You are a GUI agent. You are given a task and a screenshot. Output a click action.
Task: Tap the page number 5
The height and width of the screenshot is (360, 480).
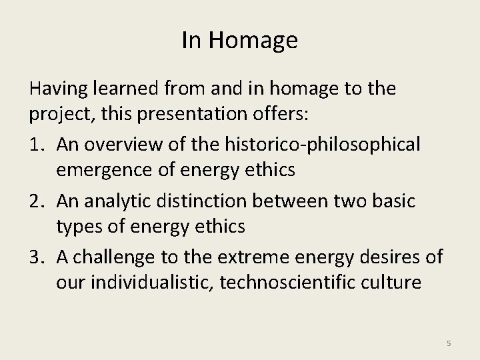point(449,343)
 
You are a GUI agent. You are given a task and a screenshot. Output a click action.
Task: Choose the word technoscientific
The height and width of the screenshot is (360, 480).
point(289,282)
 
